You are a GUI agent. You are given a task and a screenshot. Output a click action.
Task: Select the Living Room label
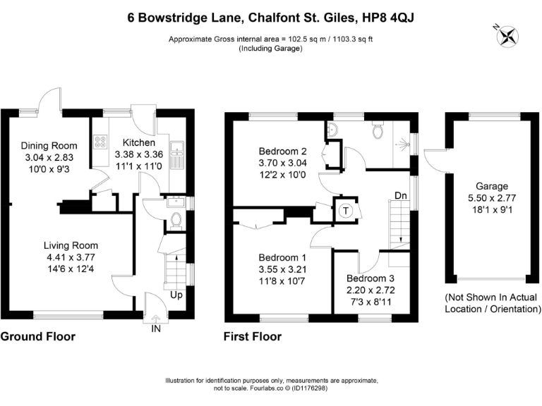(x=70, y=245)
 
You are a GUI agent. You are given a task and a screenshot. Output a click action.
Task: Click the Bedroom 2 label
(x=282, y=151)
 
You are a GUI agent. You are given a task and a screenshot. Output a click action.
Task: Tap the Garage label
(x=491, y=186)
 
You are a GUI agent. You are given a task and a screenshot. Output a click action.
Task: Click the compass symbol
(x=507, y=34)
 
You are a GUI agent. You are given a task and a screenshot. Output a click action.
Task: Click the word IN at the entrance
(x=156, y=326)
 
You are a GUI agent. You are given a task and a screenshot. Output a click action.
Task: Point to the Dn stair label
(x=400, y=195)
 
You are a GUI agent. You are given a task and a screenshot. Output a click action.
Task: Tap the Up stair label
(x=176, y=295)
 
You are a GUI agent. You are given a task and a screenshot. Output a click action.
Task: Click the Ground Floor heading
(x=37, y=337)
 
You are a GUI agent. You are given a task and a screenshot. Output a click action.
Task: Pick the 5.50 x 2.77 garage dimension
(x=491, y=197)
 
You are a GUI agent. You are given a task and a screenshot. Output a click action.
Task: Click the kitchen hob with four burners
(x=100, y=144)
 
